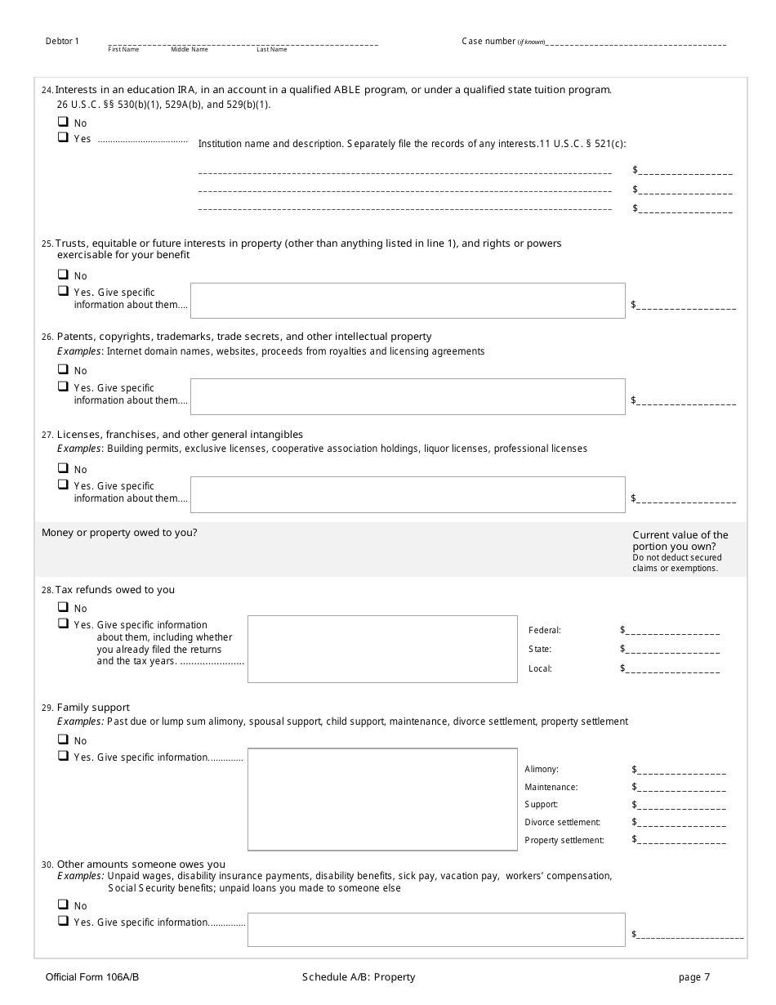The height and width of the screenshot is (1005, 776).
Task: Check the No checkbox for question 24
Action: tap(62, 122)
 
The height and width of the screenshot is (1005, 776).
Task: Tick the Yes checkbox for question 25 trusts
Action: tap(62, 291)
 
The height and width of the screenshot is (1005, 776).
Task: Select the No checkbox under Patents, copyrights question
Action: tap(62, 369)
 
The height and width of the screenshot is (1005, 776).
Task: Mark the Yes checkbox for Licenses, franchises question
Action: tap(62, 485)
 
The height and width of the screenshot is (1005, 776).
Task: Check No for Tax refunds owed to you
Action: tap(62, 607)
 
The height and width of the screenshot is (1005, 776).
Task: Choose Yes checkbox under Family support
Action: tap(62, 756)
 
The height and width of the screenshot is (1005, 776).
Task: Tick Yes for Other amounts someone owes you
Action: tap(62, 921)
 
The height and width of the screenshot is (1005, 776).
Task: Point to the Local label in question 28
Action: tap(540, 669)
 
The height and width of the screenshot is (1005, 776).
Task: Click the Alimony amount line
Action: tap(681, 770)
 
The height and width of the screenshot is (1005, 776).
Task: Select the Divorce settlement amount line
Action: tap(681, 824)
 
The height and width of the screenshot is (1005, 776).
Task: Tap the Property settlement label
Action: tap(564, 841)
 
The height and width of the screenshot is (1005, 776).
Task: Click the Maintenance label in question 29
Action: tap(551, 788)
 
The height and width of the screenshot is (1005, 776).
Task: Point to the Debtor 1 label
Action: tap(62, 42)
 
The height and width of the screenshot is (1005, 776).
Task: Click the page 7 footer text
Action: tap(694, 977)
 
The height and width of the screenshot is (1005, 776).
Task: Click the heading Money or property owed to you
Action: tap(119, 533)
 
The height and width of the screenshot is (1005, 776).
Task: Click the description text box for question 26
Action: tap(408, 396)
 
